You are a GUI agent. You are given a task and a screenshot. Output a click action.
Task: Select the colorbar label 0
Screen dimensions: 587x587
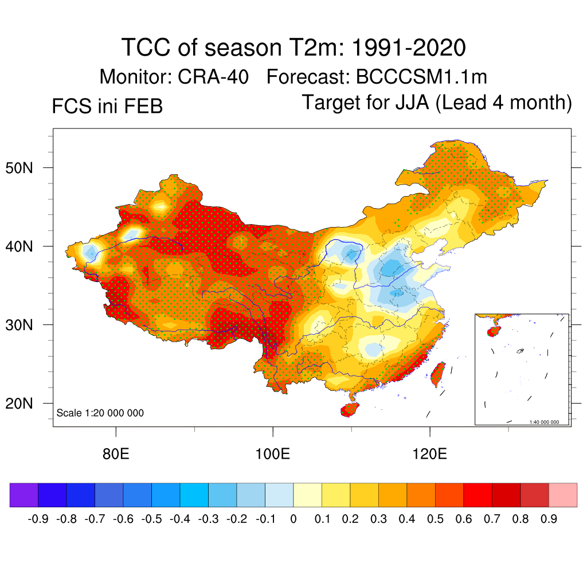293,519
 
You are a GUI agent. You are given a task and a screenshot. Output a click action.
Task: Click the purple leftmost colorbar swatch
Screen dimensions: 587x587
24,495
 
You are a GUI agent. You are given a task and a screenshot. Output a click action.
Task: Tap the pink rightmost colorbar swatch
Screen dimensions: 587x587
563,495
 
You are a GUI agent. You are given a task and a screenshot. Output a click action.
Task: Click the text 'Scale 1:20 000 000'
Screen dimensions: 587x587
100,413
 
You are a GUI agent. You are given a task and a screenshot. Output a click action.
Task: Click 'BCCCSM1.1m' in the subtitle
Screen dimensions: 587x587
421,77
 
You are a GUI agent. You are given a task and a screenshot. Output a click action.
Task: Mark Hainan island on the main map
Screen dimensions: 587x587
350,410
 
